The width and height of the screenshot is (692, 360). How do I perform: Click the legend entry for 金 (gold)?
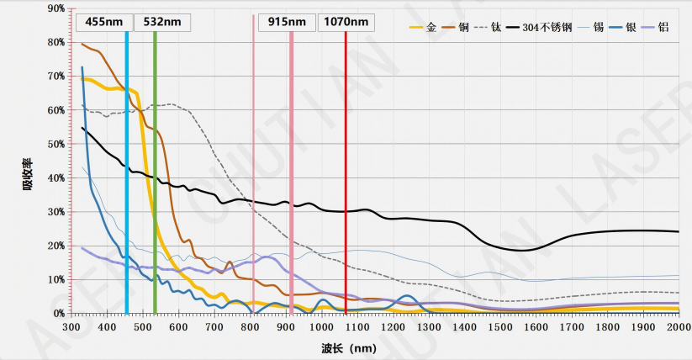tap(423, 28)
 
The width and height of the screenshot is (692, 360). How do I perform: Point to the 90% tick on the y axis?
tap(56, 8)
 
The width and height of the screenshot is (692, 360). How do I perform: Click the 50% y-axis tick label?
tap(56, 144)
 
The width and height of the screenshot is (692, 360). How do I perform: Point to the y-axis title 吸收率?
tap(28, 170)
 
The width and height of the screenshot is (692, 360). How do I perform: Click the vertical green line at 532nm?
tap(156, 210)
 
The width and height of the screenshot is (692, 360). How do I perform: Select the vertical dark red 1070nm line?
tap(346, 210)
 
